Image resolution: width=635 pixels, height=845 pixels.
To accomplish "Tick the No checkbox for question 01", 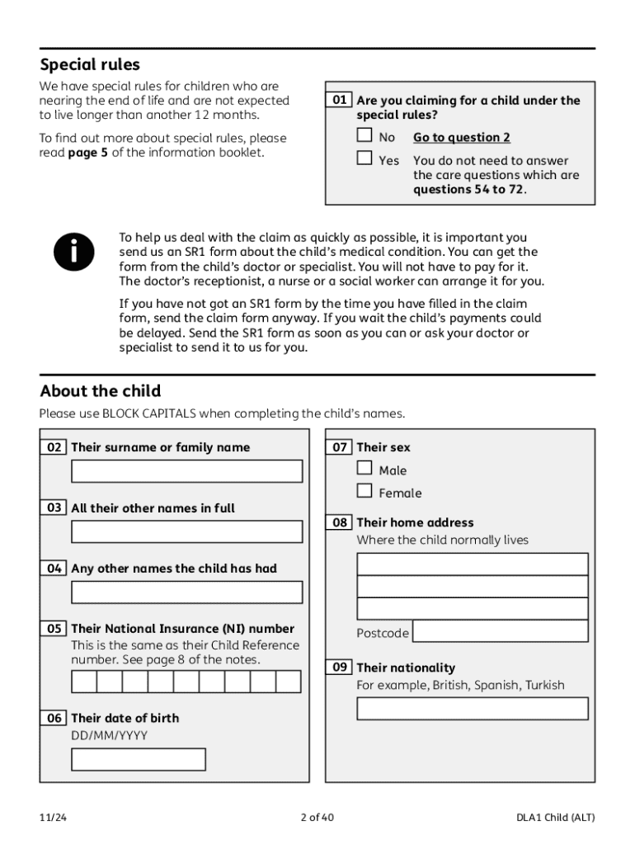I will (365, 135).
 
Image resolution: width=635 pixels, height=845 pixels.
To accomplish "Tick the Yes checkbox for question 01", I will (365, 158).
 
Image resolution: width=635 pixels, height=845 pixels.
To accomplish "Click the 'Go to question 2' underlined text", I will (461, 138).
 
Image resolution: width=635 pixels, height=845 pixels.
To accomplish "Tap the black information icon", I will (74, 252).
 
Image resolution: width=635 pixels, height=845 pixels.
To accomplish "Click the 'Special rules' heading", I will (90, 64).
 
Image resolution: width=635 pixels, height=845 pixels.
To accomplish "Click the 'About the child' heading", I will (100, 391).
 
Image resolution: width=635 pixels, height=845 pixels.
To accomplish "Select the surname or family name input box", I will (186, 471).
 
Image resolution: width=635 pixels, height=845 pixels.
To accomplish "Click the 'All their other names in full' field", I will (186, 531).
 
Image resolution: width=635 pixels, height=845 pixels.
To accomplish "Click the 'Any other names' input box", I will (186, 592).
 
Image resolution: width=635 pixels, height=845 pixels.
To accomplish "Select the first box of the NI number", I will (84, 682).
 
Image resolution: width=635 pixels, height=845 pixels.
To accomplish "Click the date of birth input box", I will (139, 759).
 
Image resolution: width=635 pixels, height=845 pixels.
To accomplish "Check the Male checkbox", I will (365, 468).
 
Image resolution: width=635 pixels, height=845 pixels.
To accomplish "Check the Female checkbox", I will (365, 491).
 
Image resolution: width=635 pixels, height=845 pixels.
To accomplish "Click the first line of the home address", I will (472, 564).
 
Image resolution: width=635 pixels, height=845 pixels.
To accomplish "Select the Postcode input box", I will (500, 632).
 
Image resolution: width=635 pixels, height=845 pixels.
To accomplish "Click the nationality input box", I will (472, 709).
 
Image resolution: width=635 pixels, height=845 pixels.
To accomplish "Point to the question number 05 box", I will (54, 629).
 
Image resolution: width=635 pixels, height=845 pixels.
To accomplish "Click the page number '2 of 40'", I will (317, 818).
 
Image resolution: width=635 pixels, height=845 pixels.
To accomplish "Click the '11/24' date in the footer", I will (52, 818).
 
